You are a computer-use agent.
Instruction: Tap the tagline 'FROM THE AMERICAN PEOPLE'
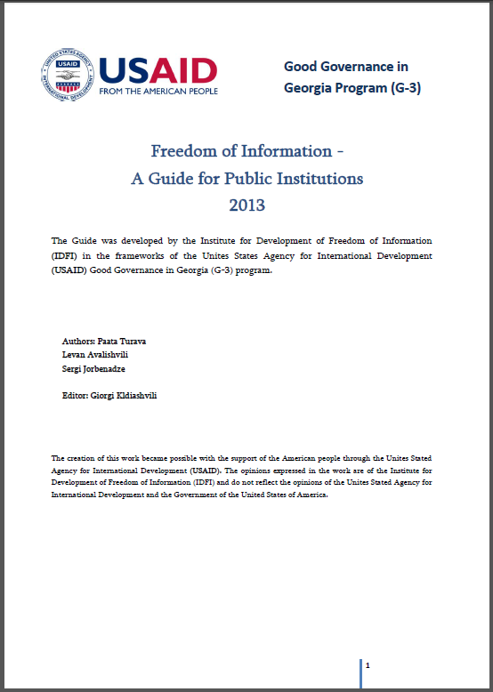coord(158,92)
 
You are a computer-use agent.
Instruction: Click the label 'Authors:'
coord(77,341)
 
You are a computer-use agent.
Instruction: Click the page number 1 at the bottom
coord(368,664)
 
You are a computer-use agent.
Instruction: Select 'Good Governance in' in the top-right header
coord(345,66)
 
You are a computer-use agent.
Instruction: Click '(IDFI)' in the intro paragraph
coord(67,256)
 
